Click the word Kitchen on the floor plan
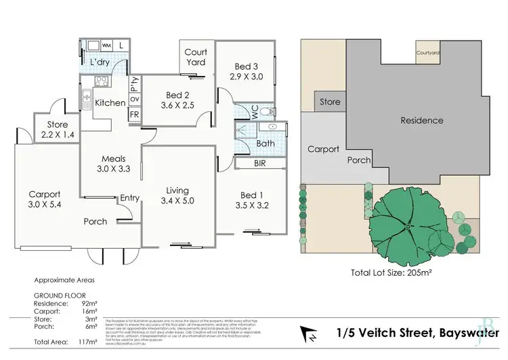pyautogui.click(x=110, y=103)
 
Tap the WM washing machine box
pyautogui.click(x=106, y=45)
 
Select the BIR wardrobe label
pyautogui.click(x=260, y=164)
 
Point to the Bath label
pyautogui.click(x=265, y=144)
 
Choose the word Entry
pyautogui.click(x=130, y=198)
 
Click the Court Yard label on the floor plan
pyautogui.click(x=196, y=58)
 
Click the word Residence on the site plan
pyautogui.click(x=421, y=121)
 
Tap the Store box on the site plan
pyautogui.click(x=330, y=102)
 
